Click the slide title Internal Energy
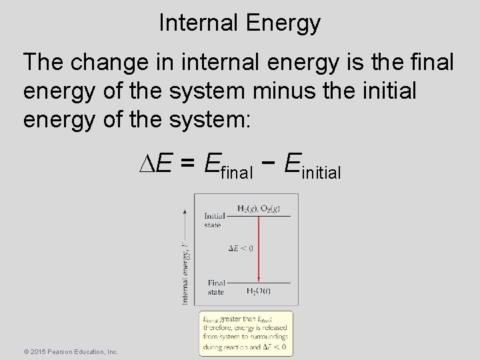pos(240,23)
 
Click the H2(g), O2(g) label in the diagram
pos(259,208)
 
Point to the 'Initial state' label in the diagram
pos(214,220)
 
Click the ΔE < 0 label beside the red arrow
pos(241,248)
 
